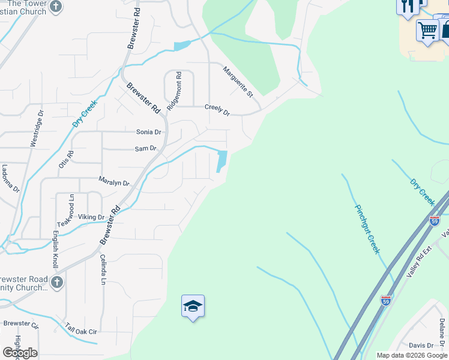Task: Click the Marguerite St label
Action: [238, 82]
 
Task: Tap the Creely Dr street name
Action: [217, 109]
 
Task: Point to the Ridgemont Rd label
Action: [174, 90]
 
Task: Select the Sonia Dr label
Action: [149, 132]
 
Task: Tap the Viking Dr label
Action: [91, 217]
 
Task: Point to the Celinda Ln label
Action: [103, 269]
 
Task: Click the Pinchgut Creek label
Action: [367, 229]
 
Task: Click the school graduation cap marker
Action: [193, 307]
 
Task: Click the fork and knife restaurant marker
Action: [408, 7]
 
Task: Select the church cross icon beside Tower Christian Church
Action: [56, 7]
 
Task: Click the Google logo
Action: [20, 353]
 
